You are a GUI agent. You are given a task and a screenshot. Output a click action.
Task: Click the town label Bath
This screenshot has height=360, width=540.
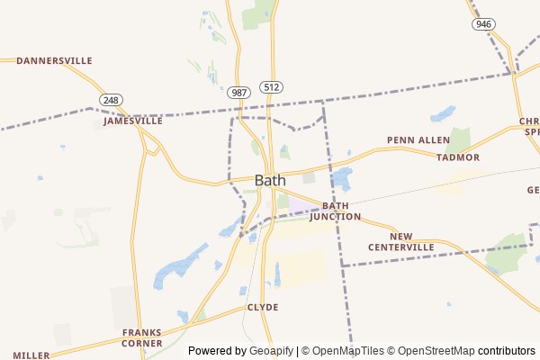pyautogui.click(x=270, y=180)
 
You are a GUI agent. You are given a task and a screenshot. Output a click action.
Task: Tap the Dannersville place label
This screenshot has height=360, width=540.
pyautogui.click(x=54, y=60)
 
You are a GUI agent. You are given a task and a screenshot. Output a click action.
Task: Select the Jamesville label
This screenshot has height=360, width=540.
pyautogui.click(x=133, y=121)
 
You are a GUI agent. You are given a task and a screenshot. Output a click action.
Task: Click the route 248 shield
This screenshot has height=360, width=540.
pyautogui.click(x=112, y=100)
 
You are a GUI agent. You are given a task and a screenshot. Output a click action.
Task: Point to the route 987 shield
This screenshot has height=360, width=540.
pyautogui.click(x=238, y=93)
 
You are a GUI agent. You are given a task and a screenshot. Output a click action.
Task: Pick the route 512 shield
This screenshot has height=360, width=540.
pyautogui.click(x=272, y=86)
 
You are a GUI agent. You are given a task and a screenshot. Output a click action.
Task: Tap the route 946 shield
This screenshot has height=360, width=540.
pyautogui.click(x=483, y=23)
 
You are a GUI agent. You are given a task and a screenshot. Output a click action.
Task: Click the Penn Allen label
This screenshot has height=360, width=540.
pyautogui.click(x=418, y=140)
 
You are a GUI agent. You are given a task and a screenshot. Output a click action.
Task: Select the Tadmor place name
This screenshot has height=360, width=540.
pyautogui.click(x=458, y=157)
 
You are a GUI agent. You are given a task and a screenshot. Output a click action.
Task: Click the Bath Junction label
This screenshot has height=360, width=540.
pyautogui.click(x=335, y=211)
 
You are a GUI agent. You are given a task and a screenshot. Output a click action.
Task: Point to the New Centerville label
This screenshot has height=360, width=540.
pyautogui.click(x=400, y=241)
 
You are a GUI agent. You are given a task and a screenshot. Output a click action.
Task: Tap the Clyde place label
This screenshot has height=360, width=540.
pyautogui.click(x=263, y=307)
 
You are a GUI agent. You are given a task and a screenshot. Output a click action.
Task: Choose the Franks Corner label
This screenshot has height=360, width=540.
pyautogui.click(x=142, y=337)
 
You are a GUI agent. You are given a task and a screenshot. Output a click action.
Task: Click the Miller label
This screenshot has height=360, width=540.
pyautogui.click(x=31, y=355)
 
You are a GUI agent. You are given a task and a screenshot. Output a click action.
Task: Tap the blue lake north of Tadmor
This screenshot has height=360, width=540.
pyautogui.click(x=443, y=113)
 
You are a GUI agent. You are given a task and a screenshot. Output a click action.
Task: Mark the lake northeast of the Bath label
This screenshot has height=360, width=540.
pyautogui.click(x=341, y=177)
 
